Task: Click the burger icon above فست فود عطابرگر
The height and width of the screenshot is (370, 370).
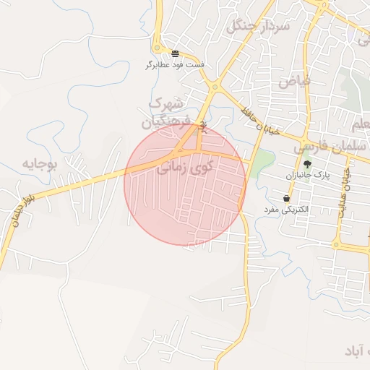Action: pyautogui.click(x=175, y=53)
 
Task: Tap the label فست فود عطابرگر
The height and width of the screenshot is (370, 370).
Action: pyautogui.click(x=175, y=65)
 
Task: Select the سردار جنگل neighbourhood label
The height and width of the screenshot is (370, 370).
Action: pyautogui.click(x=258, y=27)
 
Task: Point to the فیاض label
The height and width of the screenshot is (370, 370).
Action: pyautogui.click(x=293, y=81)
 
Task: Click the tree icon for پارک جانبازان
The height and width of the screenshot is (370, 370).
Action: pyautogui.click(x=307, y=165)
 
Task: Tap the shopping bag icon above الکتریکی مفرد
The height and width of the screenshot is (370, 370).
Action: pyautogui.click(x=287, y=198)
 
